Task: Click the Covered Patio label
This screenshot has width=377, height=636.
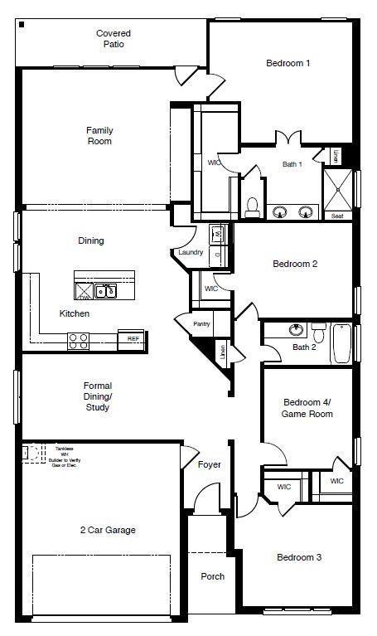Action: tap(114, 39)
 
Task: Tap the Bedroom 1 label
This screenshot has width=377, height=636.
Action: tap(288, 63)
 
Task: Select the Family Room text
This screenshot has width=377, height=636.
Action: tap(99, 136)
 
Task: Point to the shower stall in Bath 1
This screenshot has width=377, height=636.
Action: tap(338, 187)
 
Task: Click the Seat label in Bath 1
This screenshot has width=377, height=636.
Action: tap(337, 216)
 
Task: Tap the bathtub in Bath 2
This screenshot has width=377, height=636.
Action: tap(341, 342)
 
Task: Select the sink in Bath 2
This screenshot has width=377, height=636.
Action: tap(296, 329)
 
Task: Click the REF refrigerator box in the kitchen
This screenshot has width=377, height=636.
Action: tap(133, 338)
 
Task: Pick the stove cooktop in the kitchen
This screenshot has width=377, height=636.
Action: tap(78, 338)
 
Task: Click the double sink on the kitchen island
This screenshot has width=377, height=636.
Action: tap(105, 290)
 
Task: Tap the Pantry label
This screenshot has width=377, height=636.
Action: tap(201, 324)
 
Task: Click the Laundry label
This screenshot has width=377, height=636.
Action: tap(191, 252)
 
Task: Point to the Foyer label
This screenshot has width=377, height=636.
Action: tap(209, 464)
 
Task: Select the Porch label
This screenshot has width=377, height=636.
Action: tap(213, 576)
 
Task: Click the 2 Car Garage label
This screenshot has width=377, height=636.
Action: tap(108, 530)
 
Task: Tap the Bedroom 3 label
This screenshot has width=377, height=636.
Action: tap(299, 557)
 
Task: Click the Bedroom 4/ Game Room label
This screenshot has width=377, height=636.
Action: tap(307, 407)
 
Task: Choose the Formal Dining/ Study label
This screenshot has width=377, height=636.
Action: tap(97, 396)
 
